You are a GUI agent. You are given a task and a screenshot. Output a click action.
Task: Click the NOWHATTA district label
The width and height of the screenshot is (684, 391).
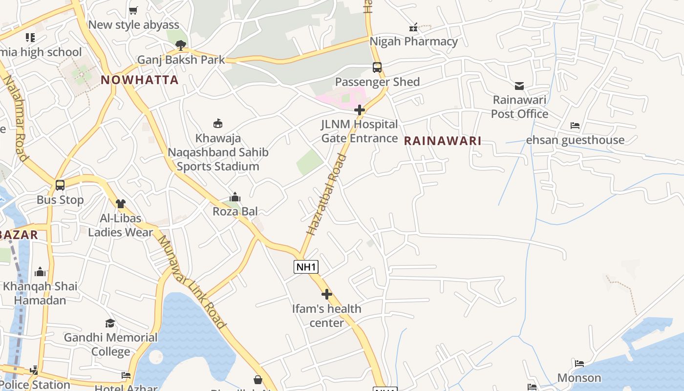click(139, 80)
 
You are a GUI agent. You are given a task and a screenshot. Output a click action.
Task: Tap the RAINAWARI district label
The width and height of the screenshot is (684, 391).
click(443, 141)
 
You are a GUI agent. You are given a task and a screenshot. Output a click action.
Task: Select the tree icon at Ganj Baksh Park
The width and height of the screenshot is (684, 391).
click(181, 46)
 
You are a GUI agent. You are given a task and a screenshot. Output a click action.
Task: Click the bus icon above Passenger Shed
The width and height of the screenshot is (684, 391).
click(377, 67)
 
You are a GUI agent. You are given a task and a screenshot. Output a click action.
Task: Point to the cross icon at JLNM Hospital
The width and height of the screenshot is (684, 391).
click(360, 110)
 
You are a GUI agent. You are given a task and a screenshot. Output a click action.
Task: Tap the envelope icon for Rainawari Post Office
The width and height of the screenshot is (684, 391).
click(519, 86)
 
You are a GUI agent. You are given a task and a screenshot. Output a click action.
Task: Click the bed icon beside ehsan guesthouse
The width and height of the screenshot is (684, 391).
click(575, 126)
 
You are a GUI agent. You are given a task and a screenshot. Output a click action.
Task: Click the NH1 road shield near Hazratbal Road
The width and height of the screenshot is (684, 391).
click(306, 267)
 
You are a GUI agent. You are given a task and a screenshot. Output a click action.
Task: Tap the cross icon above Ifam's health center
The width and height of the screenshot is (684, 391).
click(327, 294)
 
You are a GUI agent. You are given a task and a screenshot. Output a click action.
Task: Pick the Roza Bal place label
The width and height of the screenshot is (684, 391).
click(235, 211)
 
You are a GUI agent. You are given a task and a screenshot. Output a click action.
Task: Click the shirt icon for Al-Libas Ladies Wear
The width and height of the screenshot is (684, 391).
click(121, 204)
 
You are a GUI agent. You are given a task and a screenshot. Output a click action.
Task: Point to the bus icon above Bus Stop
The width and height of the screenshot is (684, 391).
click(60, 185)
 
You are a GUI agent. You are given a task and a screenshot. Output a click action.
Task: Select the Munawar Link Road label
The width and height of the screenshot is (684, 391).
click(192, 282)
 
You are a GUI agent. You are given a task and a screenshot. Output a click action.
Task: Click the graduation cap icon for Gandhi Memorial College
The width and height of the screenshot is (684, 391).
click(110, 323)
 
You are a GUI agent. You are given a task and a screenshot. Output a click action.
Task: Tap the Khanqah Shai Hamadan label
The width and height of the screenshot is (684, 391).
click(40, 293)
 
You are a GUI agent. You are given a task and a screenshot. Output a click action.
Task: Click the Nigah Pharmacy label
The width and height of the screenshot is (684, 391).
click(413, 42)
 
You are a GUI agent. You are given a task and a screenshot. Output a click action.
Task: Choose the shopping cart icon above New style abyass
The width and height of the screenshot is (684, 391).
click(133, 10)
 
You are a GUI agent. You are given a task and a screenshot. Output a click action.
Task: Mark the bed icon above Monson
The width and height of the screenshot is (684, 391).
click(579, 364)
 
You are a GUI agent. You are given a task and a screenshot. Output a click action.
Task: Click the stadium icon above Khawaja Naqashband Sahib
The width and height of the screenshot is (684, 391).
click(218, 124)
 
